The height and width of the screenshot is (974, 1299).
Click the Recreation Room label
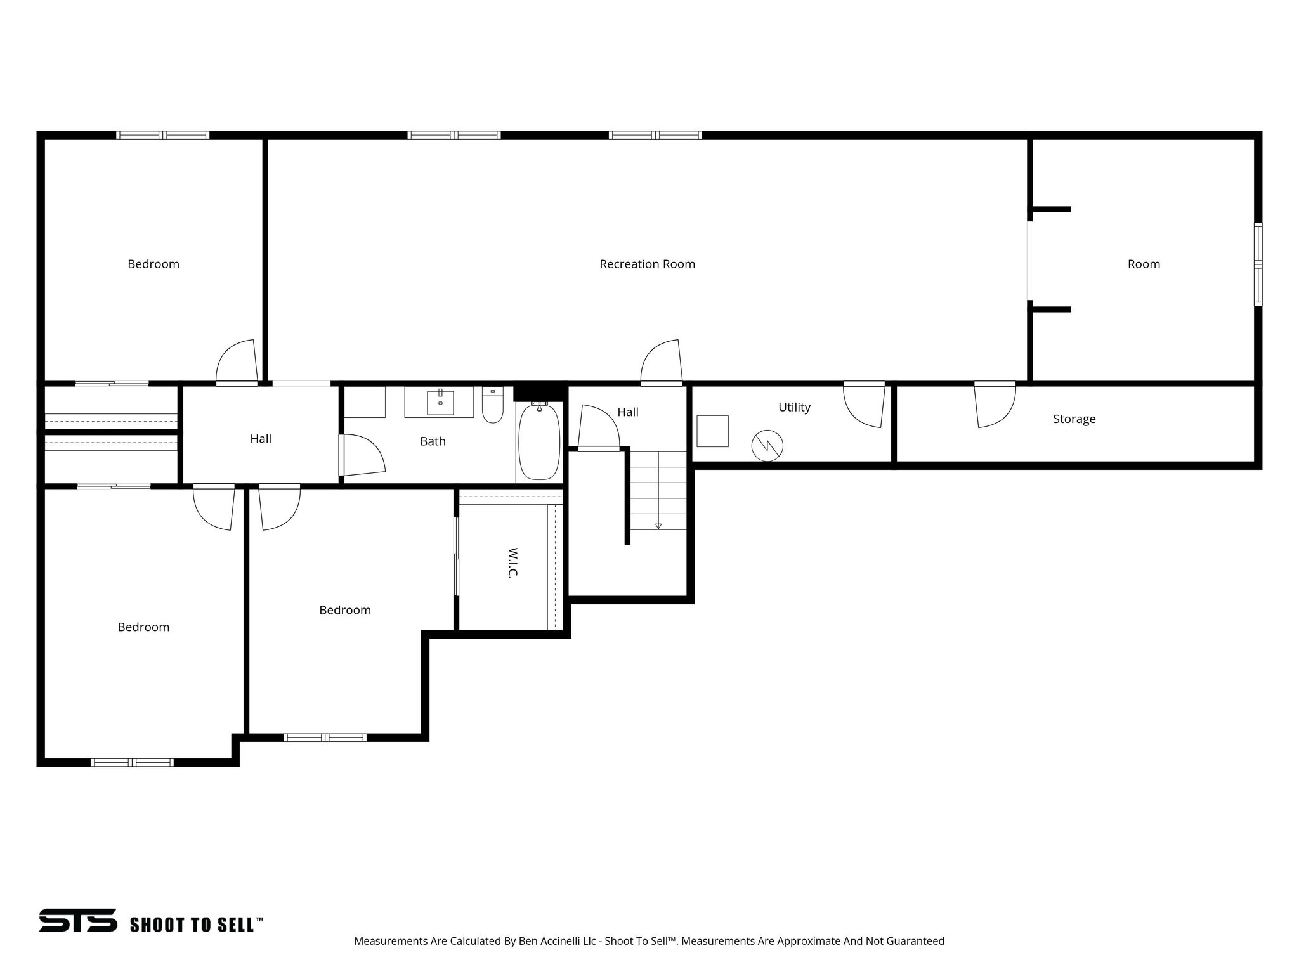point(647,264)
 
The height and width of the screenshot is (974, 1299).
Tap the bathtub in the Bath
point(539,442)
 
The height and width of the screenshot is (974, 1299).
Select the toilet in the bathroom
point(492,406)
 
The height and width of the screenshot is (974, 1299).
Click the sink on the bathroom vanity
point(440,402)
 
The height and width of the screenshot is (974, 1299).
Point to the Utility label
point(794,407)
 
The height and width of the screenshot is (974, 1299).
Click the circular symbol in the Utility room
point(767,446)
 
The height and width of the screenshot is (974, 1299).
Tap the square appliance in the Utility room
point(712,431)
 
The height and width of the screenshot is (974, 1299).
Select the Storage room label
point(1074,419)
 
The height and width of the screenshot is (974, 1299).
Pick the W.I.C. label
point(513,562)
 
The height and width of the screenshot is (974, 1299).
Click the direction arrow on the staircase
point(658,525)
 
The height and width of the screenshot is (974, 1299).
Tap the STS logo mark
point(78,920)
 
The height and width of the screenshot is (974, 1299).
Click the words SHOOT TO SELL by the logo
point(196,925)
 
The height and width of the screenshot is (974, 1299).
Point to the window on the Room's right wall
point(1258,264)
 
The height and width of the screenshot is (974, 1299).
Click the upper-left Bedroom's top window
point(162,135)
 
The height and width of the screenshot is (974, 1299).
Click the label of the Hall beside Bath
point(261,438)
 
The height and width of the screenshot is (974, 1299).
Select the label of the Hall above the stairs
point(627,412)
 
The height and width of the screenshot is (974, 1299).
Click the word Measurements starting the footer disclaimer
point(390,941)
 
